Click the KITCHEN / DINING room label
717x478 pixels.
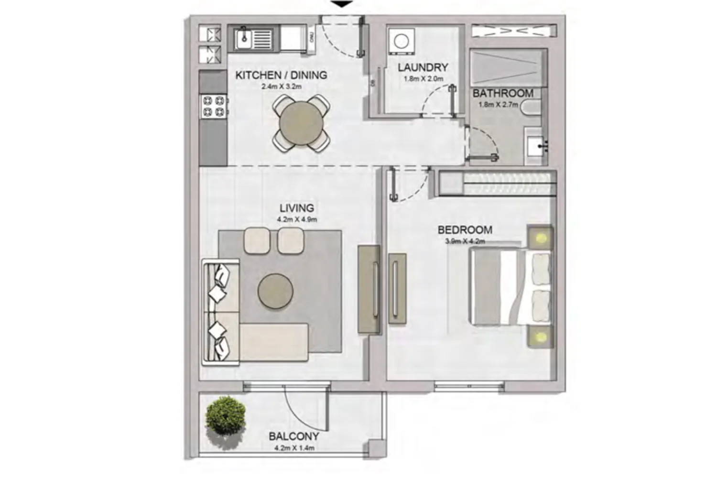(x=281, y=75)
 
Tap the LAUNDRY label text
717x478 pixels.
(x=423, y=67)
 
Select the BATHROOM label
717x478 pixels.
(x=502, y=94)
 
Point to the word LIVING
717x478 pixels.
(x=297, y=208)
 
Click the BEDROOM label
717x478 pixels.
(x=465, y=230)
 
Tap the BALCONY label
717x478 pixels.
(x=294, y=436)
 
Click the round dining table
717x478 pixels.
(x=301, y=123)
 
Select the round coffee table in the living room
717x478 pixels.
(x=275, y=291)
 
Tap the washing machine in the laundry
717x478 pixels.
(x=402, y=41)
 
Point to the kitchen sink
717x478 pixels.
(x=253, y=39)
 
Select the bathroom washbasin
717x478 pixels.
(x=536, y=146)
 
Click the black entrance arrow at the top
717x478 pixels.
(x=342, y=4)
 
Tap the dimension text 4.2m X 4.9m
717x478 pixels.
(x=297, y=219)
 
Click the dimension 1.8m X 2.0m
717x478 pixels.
(x=423, y=79)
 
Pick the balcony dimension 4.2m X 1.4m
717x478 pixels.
(x=294, y=448)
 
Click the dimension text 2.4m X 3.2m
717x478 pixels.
(x=282, y=87)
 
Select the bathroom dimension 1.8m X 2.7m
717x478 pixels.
(x=498, y=104)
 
